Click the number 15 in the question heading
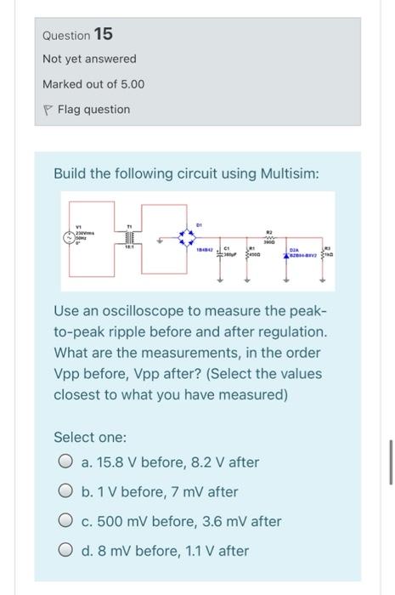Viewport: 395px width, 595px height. [104, 34]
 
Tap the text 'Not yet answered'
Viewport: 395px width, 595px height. [89, 59]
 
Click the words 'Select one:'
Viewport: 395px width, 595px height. [90, 437]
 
